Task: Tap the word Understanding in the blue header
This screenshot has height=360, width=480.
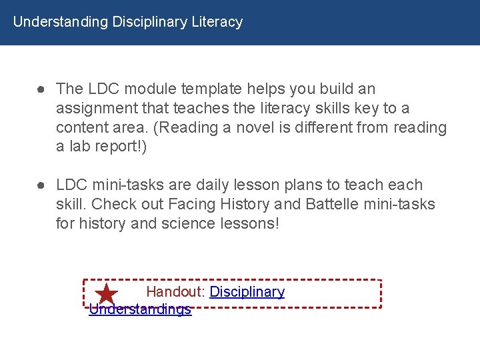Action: point(60,22)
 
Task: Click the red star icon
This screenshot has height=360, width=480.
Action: point(107,294)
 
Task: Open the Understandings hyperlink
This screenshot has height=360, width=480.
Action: point(140,309)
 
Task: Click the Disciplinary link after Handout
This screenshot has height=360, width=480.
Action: point(247,292)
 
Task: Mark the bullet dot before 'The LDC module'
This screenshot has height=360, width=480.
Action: point(41,89)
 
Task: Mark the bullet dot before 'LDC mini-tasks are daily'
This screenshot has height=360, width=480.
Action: point(41,185)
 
